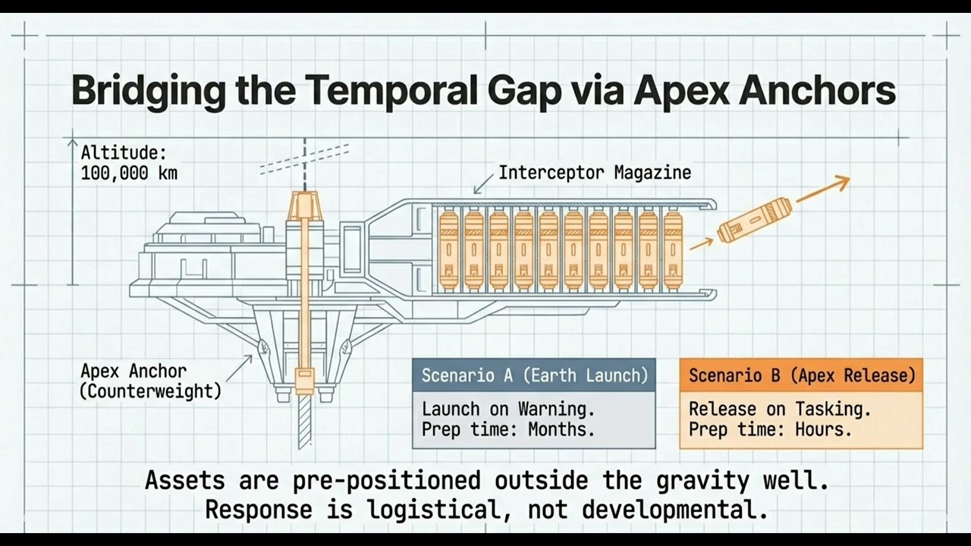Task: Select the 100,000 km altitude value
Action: tap(129, 173)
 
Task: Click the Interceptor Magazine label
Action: tap(594, 173)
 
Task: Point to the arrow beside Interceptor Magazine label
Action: tap(482, 184)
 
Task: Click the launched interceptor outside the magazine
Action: tap(753, 221)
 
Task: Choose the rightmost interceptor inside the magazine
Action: tap(673, 251)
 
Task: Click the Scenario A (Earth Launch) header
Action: tap(534, 375)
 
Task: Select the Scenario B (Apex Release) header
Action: tap(801, 375)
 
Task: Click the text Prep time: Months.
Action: tap(507, 430)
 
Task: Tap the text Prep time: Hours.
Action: tap(770, 430)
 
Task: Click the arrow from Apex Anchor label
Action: tap(240, 367)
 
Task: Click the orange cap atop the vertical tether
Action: tap(305, 203)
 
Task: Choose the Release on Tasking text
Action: tap(779, 409)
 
